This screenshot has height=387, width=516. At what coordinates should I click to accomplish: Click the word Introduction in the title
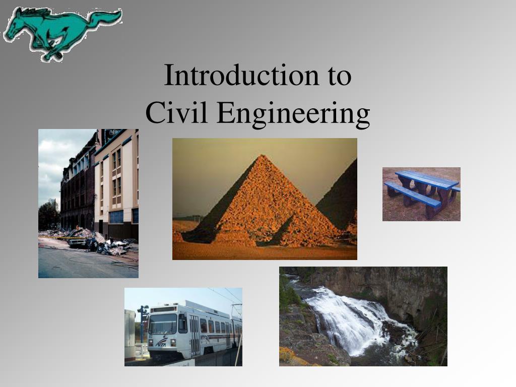click(241, 75)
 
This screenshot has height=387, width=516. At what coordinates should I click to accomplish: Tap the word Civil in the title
click(176, 112)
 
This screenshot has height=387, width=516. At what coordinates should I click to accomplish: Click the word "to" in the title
click(340, 77)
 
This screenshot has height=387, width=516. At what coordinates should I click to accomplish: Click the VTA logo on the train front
click(161, 342)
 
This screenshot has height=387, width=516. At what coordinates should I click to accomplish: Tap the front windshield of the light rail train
click(163, 324)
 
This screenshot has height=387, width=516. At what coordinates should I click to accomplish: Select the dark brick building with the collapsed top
click(78, 187)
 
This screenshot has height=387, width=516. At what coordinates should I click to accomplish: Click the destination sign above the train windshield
click(164, 309)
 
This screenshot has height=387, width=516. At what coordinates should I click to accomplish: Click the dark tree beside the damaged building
click(49, 216)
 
